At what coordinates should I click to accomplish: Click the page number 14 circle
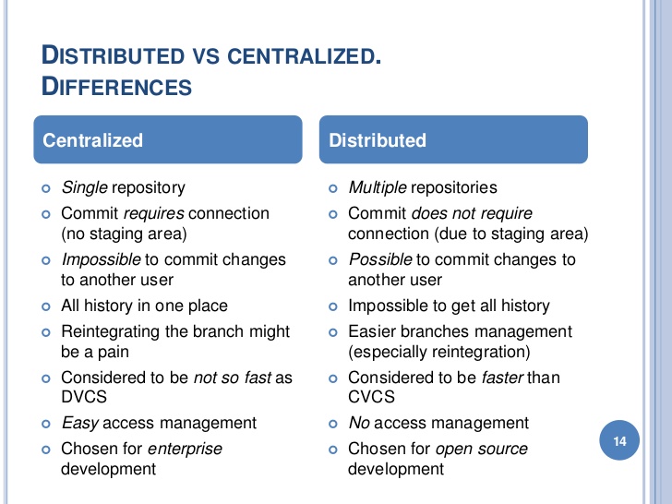click(x=619, y=440)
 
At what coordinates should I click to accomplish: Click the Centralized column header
click(x=168, y=139)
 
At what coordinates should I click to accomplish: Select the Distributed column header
click(x=453, y=139)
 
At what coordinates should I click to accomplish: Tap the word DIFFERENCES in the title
click(x=116, y=87)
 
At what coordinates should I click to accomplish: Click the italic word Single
click(x=84, y=187)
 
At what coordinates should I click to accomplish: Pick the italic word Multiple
click(x=378, y=187)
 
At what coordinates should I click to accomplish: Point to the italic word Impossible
click(x=102, y=259)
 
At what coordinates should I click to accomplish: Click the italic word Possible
click(x=380, y=259)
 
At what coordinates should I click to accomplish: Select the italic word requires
click(x=154, y=214)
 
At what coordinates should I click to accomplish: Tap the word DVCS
click(x=84, y=397)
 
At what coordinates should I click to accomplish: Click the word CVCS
click(x=371, y=397)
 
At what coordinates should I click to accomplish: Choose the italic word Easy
click(x=80, y=424)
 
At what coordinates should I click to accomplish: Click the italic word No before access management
click(x=359, y=423)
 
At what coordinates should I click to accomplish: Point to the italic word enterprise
click(x=185, y=450)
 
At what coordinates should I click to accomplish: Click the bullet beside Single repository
click(x=46, y=188)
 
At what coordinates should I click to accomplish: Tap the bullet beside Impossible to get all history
click(x=333, y=306)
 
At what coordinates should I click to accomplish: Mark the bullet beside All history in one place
click(x=46, y=306)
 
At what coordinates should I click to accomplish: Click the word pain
click(x=113, y=353)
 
